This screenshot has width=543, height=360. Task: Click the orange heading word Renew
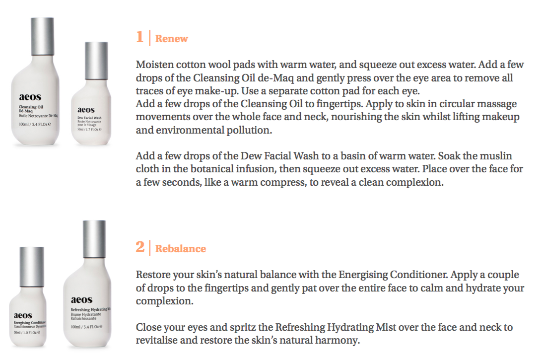(x=171, y=38)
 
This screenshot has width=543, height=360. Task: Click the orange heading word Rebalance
(x=181, y=248)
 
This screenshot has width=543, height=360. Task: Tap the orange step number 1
(x=140, y=37)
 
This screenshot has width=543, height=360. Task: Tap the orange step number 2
(x=140, y=247)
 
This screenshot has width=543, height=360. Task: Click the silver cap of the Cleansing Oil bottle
(x=43, y=36)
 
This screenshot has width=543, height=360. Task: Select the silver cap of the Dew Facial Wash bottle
(x=96, y=61)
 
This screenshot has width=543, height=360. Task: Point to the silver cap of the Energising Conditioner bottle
(x=32, y=267)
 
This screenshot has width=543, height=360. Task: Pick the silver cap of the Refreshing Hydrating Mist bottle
(x=94, y=239)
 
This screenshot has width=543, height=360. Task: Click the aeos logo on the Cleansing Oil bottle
(x=30, y=97)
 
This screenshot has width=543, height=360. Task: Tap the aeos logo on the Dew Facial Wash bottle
(x=86, y=110)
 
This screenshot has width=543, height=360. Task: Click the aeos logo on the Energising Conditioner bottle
(x=23, y=315)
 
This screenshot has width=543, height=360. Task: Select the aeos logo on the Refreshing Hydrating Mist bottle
(x=82, y=300)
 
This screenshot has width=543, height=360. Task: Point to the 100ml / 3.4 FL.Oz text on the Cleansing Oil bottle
(x=35, y=124)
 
